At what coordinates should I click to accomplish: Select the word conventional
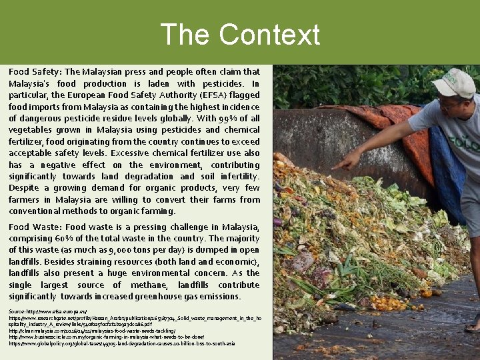34,211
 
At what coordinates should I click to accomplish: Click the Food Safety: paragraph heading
35,71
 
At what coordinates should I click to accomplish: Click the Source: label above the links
17,311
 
